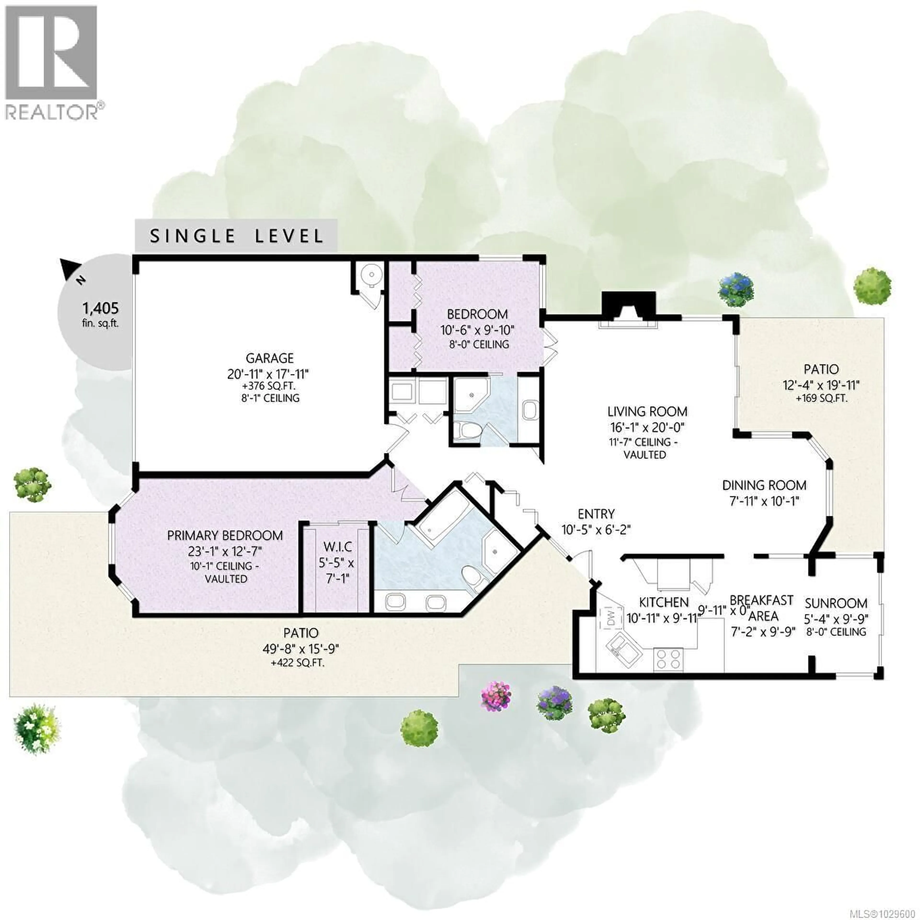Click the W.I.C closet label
(337, 548)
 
